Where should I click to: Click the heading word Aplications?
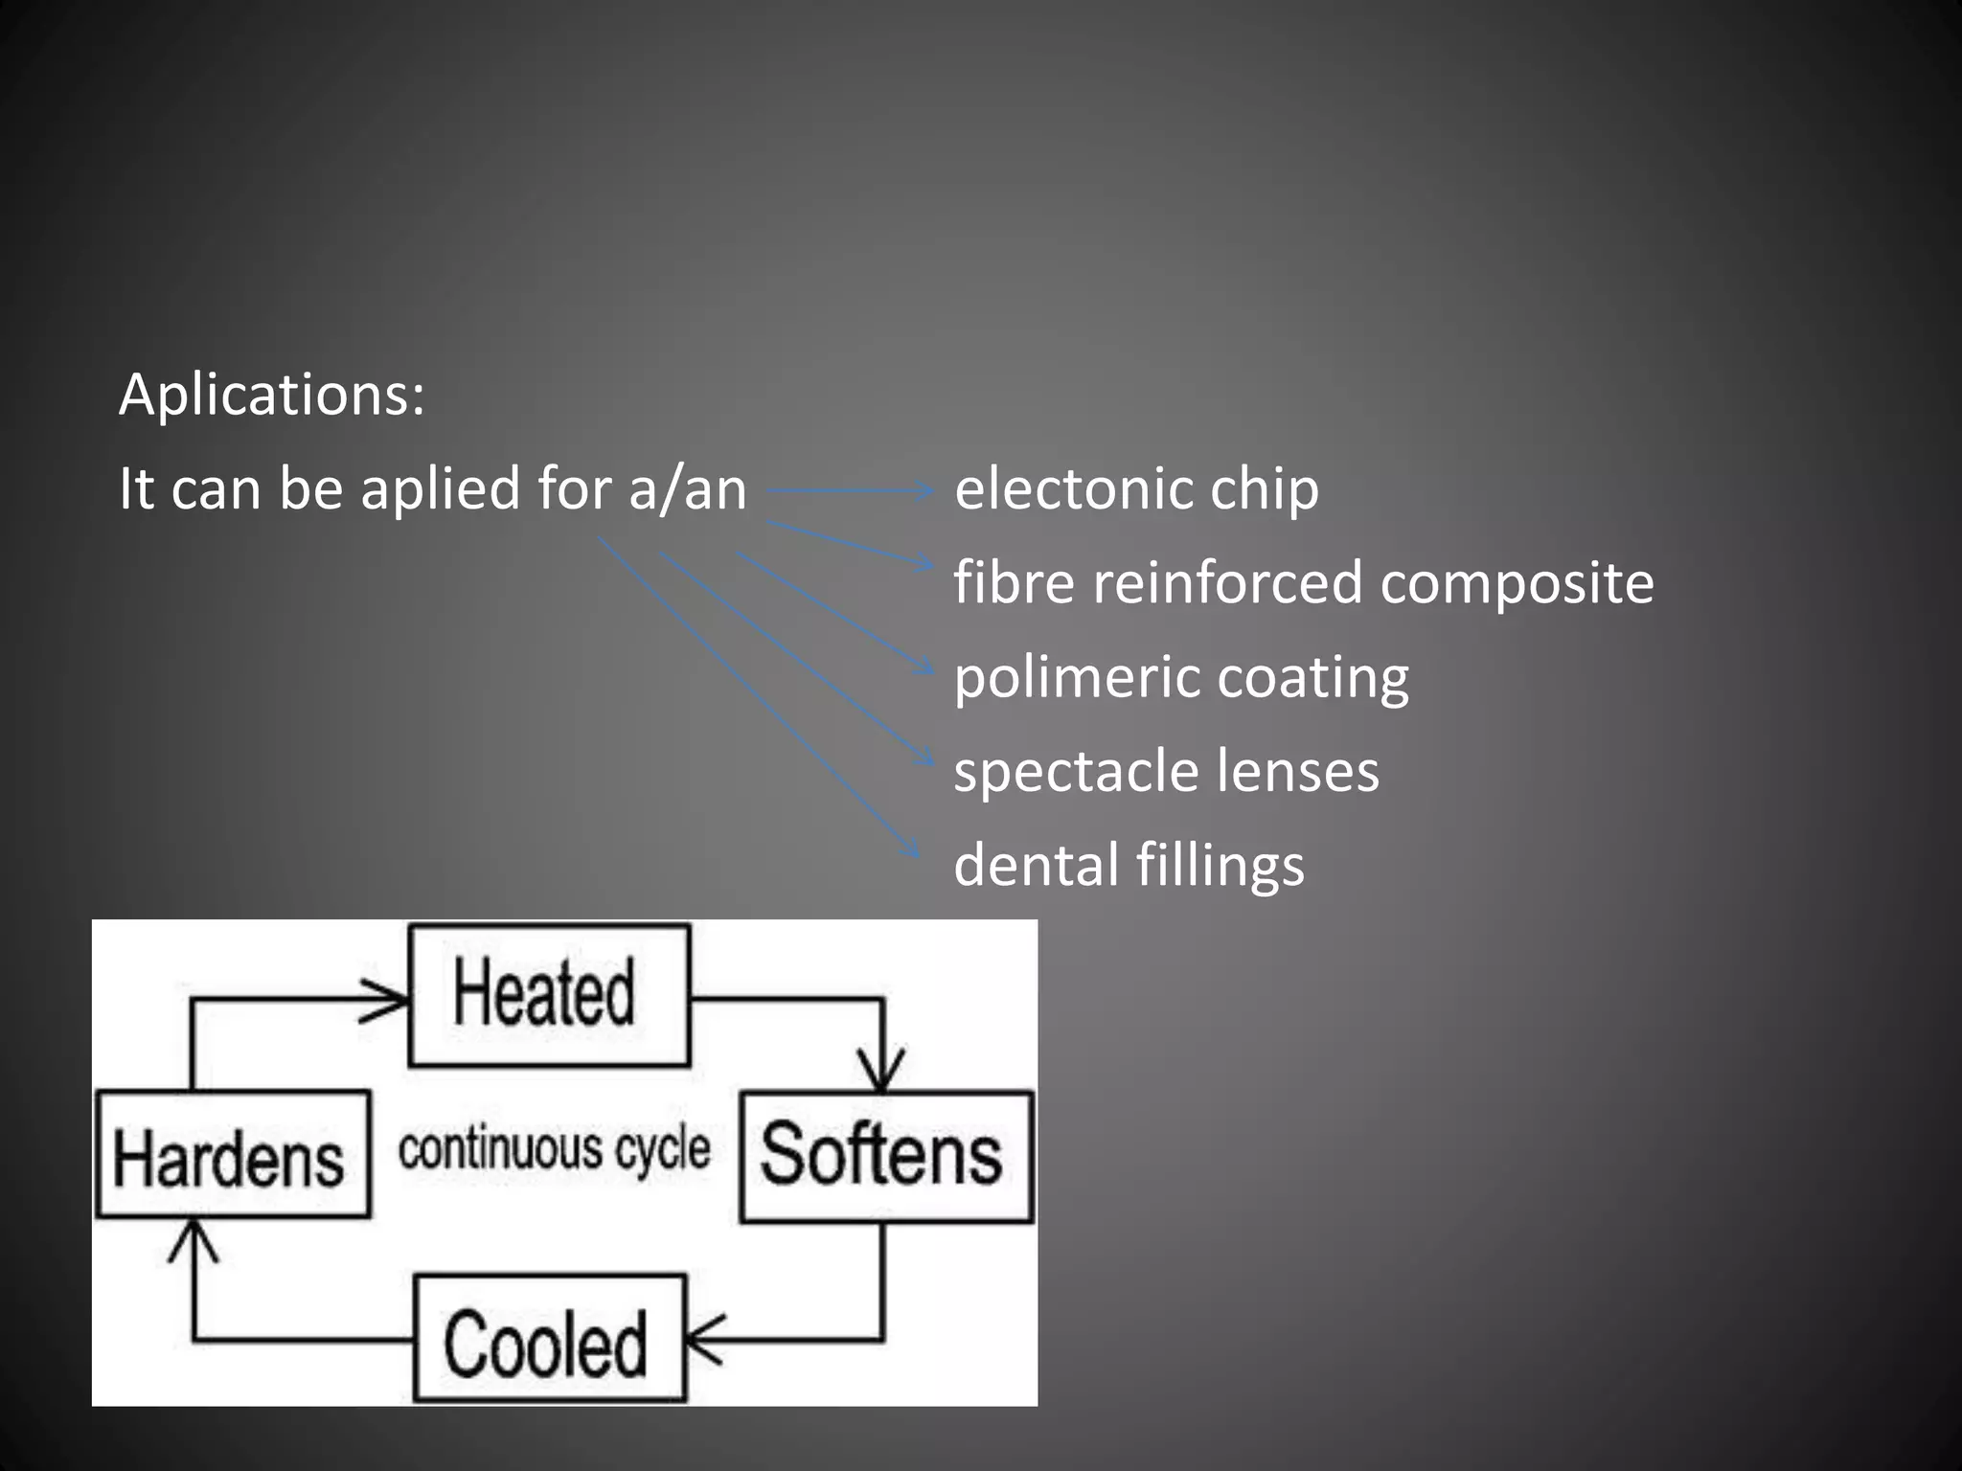(271, 395)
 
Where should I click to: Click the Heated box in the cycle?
(549, 995)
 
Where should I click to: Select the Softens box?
(886, 1156)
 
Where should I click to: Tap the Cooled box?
(549, 1339)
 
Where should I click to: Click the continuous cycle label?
(554, 1149)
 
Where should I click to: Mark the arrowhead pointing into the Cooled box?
(701, 1339)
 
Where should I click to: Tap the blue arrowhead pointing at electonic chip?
(925, 491)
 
